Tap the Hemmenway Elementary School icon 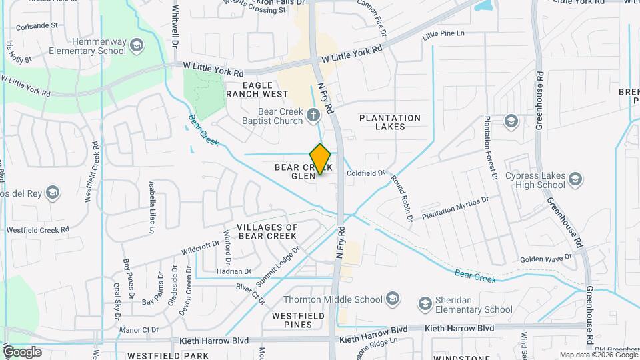pos(137,46)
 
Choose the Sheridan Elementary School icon pos(425,305)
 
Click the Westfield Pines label pos(298,319)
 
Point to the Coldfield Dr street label pos(365,173)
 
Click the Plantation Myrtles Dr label pos(455,208)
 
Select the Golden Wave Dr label pos(546,258)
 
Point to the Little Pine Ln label pos(443,33)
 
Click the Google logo pos(22,351)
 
